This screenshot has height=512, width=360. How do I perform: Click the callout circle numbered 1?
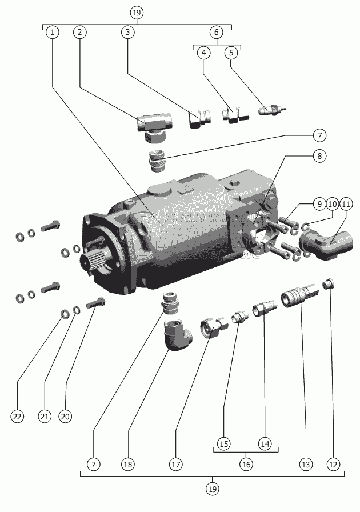pyautogui.click(x=52, y=33)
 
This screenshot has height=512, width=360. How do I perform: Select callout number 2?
pyautogui.click(x=80, y=33)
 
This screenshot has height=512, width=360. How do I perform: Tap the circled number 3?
pyautogui.click(x=128, y=33)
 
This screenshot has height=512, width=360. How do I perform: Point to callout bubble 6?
pyautogui.click(x=217, y=33)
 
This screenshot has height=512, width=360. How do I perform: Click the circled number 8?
pyautogui.click(x=319, y=155)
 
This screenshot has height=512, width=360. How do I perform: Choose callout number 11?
pyautogui.click(x=347, y=205)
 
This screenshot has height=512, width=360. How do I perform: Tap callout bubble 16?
pyautogui.click(x=246, y=464)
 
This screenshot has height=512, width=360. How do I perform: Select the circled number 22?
pyautogui.click(x=17, y=417)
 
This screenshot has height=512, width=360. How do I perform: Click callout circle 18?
pyautogui.click(x=128, y=464)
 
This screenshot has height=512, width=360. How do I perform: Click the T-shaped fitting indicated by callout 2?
pyautogui.click(x=153, y=123)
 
